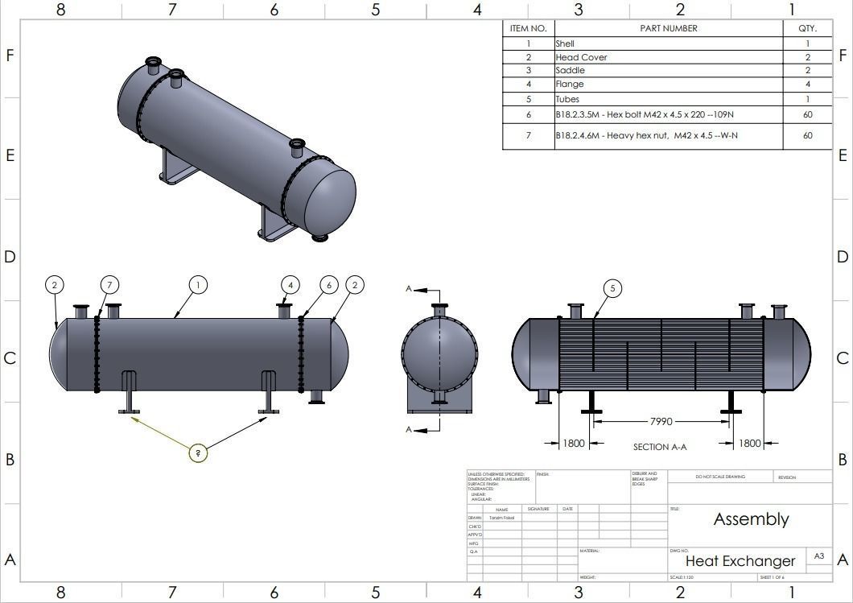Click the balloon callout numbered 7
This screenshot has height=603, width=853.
[110, 285]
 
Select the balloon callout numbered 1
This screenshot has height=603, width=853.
[198, 285]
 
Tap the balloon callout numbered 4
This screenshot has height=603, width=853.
[291, 285]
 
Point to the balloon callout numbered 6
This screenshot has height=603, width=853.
[328, 285]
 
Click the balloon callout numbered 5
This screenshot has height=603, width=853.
[612, 289]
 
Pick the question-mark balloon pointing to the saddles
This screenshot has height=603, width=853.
[198, 453]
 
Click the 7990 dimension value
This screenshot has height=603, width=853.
[661, 421]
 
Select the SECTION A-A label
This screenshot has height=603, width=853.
[660, 447]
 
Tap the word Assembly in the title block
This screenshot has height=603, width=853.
[751, 519]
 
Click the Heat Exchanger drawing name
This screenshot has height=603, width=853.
[740, 561]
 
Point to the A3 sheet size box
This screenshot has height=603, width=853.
[819, 556]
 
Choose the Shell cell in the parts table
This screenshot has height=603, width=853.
[565, 43]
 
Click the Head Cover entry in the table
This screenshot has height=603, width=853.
[581, 57]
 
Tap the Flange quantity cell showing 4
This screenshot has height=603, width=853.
[807, 85]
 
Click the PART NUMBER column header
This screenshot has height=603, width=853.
[668, 28]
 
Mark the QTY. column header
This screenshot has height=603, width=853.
[807, 28]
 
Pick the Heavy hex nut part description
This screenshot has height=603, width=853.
[646, 135]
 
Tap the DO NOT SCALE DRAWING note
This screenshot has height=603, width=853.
[720, 477]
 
